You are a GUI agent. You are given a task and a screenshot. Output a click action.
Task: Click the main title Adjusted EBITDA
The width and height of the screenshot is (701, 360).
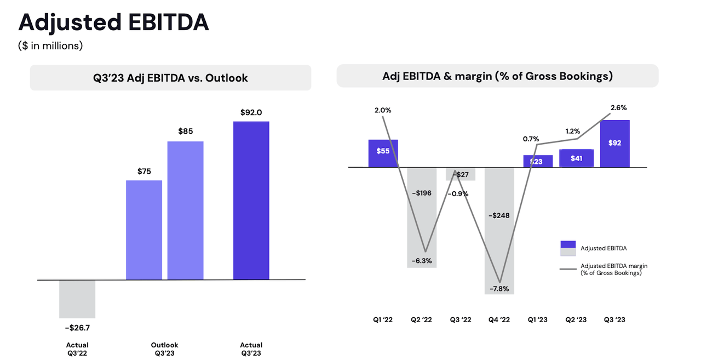click(113, 23)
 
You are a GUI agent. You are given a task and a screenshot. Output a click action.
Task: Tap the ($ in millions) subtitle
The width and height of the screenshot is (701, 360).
click(50, 46)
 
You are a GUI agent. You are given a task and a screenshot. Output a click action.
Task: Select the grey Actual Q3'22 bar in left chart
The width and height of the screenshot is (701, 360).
click(77, 299)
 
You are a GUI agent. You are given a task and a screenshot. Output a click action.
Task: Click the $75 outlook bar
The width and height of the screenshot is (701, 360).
click(144, 230)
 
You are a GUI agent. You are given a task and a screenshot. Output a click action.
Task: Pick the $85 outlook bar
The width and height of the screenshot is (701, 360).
click(185, 210)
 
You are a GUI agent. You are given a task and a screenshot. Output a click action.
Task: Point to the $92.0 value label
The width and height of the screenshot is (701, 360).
click(251, 112)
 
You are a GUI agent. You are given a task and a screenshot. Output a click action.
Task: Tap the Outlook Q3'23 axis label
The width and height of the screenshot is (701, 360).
click(164, 349)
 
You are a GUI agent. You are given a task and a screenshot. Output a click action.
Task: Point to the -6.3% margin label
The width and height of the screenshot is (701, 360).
click(422, 261)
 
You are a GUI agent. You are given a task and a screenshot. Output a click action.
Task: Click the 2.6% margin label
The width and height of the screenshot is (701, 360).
click(618, 108)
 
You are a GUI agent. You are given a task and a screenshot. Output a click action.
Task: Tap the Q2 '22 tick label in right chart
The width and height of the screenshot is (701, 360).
click(421, 319)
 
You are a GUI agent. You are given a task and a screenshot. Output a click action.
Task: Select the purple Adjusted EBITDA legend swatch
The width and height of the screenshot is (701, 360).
click(568, 245)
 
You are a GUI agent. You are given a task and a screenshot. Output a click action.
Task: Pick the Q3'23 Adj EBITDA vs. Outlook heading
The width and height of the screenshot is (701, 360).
click(170, 78)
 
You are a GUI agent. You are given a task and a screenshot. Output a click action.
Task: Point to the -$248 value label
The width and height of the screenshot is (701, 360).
click(498, 215)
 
